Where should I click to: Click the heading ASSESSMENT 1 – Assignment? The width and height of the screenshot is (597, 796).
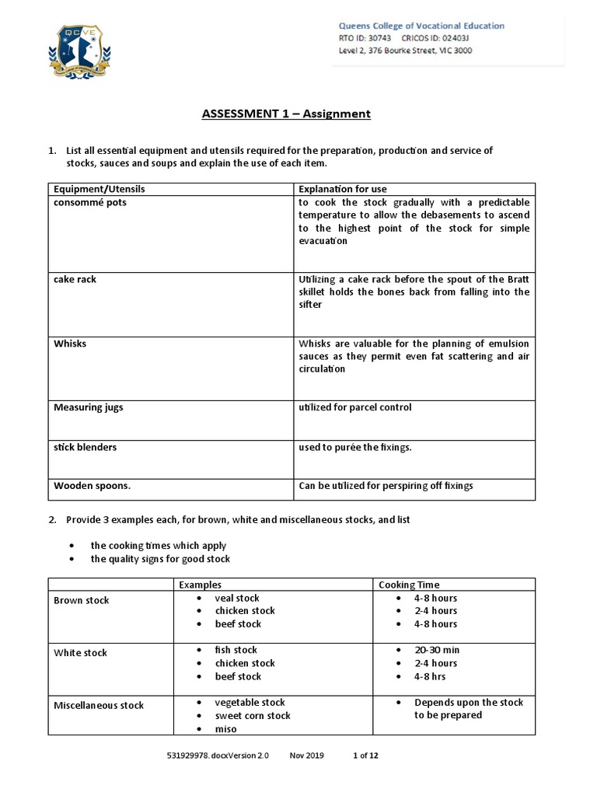click(286, 114)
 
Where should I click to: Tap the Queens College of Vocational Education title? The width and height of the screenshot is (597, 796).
click(421, 26)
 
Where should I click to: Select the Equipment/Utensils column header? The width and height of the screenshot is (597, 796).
click(99, 189)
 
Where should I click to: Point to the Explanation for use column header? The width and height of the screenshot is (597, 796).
click(343, 189)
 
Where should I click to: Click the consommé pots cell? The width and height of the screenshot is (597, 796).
click(89, 202)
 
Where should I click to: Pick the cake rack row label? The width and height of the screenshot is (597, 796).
click(75, 279)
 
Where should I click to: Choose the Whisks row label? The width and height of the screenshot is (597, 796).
click(70, 343)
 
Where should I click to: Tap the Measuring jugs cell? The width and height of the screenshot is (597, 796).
click(88, 407)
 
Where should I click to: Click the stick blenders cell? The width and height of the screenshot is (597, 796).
click(85, 448)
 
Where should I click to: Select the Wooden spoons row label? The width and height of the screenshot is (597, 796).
click(92, 486)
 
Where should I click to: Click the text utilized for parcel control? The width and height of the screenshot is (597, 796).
click(355, 407)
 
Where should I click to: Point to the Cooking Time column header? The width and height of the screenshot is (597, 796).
click(409, 585)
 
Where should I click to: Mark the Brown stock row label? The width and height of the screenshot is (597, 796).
click(81, 600)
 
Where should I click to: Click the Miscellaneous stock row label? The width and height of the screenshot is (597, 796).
click(99, 705)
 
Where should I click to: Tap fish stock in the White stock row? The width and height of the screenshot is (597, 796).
click(236, 650)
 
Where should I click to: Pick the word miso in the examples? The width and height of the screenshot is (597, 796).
click(225, 729)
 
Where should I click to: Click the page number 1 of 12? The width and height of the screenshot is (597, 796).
click(365, 755)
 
